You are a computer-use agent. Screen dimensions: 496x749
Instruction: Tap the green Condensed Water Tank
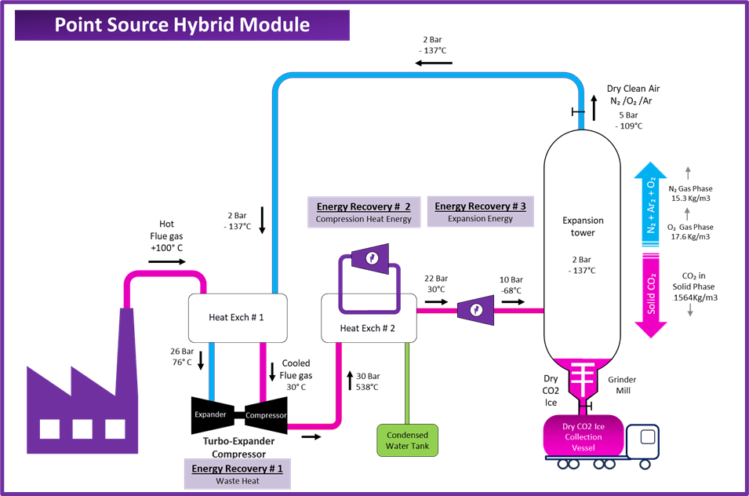click(x=407, y=441)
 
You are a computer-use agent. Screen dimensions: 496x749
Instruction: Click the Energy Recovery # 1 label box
click(x=237, y=474)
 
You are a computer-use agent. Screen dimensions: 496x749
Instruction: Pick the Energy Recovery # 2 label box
click(x=364, y=212)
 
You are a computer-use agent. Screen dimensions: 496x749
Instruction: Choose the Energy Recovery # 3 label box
click(x=480, y=212)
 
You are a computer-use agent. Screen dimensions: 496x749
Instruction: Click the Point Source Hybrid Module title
click(x=182, y=24)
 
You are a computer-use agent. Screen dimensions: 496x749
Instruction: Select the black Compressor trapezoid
click(x=265, y=414)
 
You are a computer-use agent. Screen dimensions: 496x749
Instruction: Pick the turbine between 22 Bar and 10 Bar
click(x=475, y=311)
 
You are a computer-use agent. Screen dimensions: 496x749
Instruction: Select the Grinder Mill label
click(x=624, y=385)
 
